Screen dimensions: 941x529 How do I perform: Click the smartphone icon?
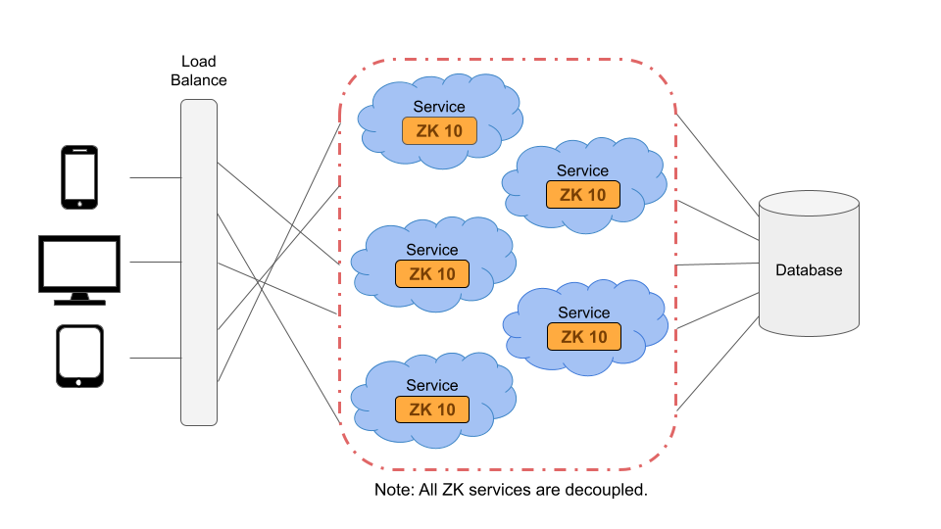pyautogui.click(x=79, y=177)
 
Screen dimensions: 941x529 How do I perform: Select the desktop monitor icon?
pyautogui.click(x=79, y=270)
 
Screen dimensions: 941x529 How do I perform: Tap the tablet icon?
pyautogui.click(x=79, y=356)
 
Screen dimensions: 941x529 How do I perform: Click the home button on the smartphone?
pyautogui.click(x=79, y=204)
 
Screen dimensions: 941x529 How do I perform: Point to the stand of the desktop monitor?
pyautogui.click(x=79, y=299)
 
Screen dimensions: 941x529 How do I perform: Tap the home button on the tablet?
pyautogui.click(x=78, y=382)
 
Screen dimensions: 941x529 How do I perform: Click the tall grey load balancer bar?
pyautogui.click(x=199, y=263)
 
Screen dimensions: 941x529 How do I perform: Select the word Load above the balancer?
pyautogui.click(x=199, y=61)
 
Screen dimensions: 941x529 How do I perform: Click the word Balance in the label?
pyautogui.click(x=199, y=80)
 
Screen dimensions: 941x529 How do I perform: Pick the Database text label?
pyautogui.click(x=809, y=270)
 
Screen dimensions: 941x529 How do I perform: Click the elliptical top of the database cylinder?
pyautogui.click(x=809, y=204)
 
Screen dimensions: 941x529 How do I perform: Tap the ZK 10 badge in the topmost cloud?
pyautogui.click(x=439, y=130)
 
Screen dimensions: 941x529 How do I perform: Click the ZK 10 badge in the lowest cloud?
pyautogui.click(x=432, y=409)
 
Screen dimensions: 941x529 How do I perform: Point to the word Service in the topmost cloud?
pyautogui.click(x=439, y=107)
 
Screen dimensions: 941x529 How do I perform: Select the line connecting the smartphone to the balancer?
pyautogui.click(x=156, y=177)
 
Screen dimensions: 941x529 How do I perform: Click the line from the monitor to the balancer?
pyautogui.click(x=156, y=263)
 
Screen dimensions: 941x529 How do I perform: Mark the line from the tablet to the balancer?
pyautogui.click(x=156, y=359)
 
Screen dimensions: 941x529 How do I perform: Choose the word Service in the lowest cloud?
pyautogui.click(x=432, y=385)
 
